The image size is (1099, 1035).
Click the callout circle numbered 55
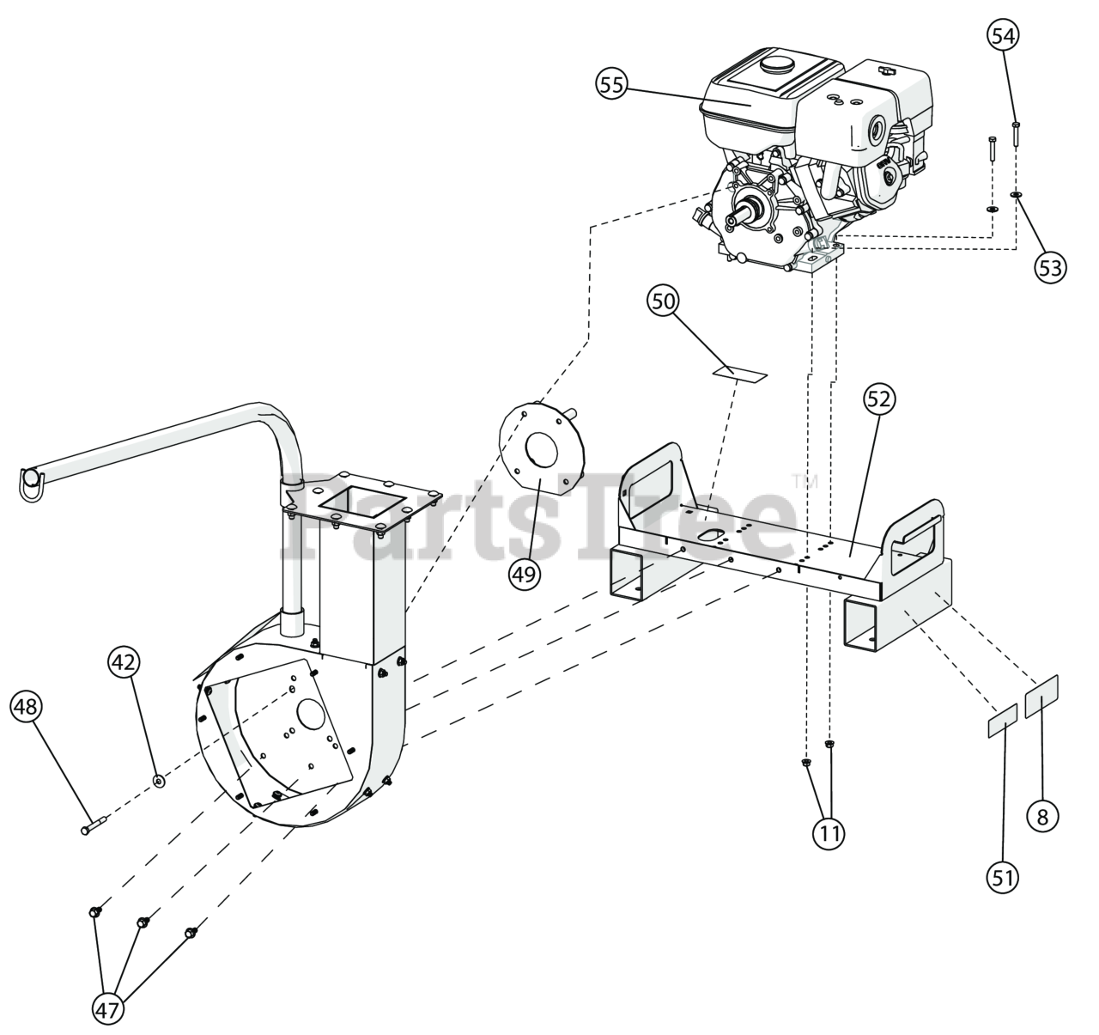(612, 85)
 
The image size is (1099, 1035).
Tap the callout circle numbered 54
(1003, 36)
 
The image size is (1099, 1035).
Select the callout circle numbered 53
(1050, 268)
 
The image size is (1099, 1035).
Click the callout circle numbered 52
(879, 399)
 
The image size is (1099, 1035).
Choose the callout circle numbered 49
(525, 575)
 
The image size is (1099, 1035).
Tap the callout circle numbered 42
(124, 661)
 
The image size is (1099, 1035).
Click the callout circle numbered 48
(27, 707)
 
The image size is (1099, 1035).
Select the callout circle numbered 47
(108, 1011)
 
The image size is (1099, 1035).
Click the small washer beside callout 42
(160, 782)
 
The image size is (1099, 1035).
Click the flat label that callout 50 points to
(740, 374)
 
